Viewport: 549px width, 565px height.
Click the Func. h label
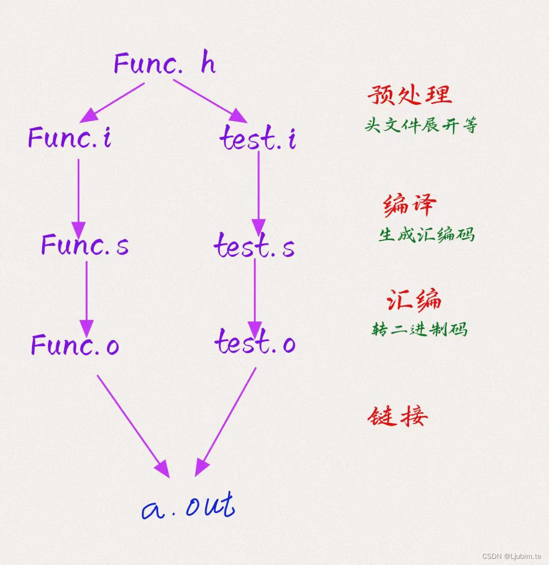[164, 64]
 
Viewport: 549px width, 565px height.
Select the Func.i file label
[70, 138]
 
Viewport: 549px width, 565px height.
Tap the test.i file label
[258, 138]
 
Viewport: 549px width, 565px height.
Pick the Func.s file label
[84, 245]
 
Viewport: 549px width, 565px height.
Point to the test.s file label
[254, 246]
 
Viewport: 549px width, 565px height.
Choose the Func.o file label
[75, 345]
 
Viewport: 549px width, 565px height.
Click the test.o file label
[254, 342]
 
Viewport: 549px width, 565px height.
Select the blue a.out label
[188, 506]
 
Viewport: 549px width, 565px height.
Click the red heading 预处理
[410, 95]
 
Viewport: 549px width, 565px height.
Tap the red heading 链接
[397, 417]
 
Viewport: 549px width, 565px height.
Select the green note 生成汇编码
[426, 235]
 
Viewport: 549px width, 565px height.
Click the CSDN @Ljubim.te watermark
[511, 556]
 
